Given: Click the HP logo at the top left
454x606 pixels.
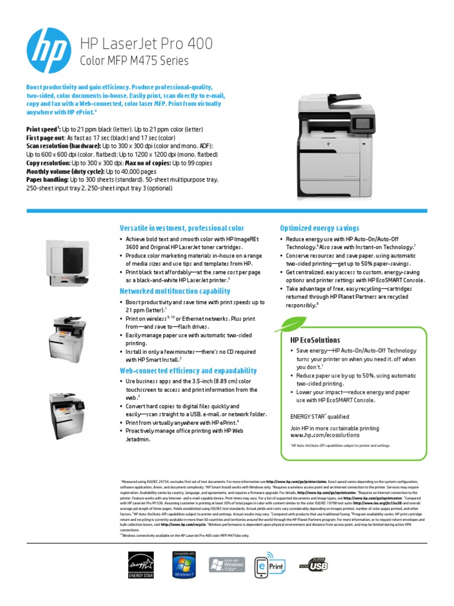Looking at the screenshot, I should (50, 49).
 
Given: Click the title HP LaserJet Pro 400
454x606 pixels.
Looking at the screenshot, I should (146, 44).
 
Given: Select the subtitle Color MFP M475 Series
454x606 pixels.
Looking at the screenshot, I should (134, 60).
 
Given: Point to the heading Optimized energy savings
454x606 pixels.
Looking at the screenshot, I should (319, 228).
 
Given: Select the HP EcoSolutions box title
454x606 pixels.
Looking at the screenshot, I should (315, 340).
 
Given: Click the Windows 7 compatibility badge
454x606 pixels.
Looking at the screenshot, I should (183, 565).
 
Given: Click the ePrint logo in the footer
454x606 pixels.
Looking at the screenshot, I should (270, 565).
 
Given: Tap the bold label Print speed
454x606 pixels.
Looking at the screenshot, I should (43, 128).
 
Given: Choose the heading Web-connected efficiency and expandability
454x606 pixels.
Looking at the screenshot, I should (188, 370).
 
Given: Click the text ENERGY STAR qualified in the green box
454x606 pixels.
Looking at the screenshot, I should (319, 417).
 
